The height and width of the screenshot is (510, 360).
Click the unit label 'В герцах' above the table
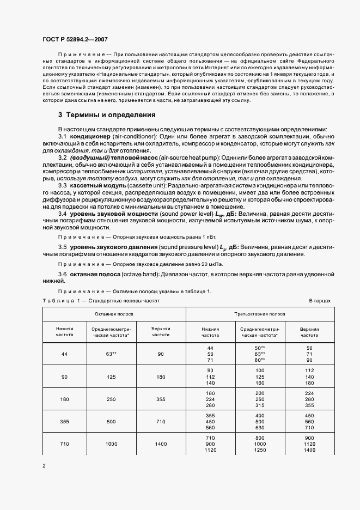(x=320, y=301)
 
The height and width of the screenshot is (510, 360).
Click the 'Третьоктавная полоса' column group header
(x=260, y=315)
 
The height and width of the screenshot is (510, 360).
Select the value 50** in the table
(x=260, y=348)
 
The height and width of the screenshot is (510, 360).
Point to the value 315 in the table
(x=260, y=405)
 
